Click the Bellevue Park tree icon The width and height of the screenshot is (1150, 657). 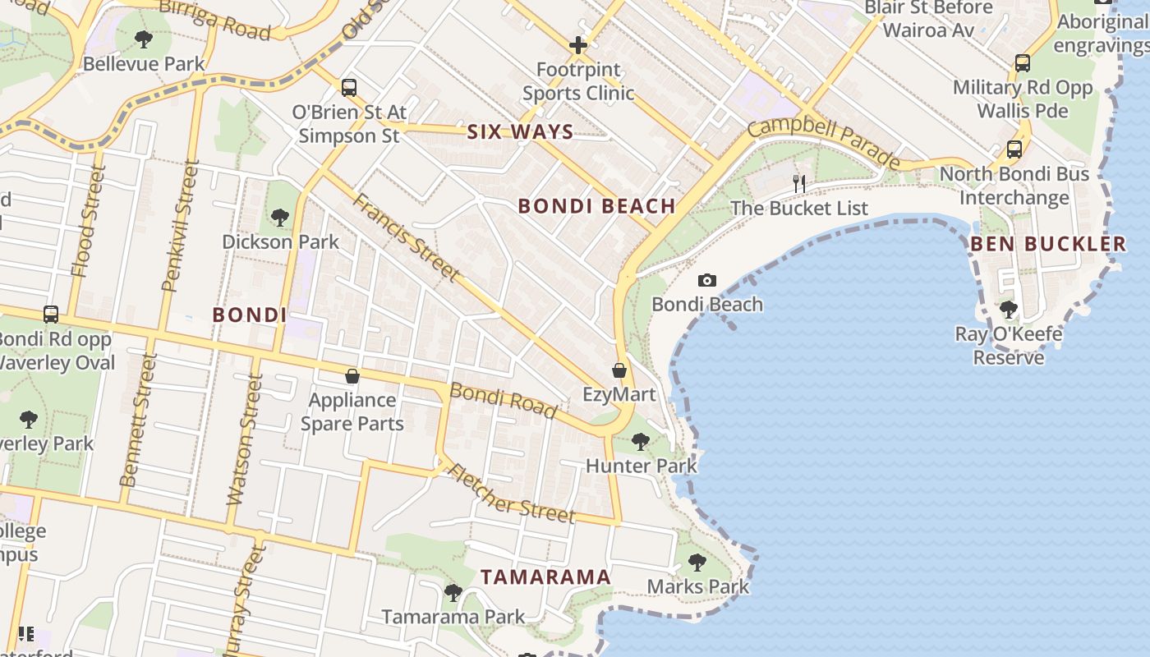point(144,39)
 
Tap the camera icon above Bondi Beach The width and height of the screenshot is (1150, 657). point(707,281)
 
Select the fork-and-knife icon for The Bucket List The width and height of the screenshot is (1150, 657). point(799,184)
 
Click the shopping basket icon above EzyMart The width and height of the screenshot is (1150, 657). point(619,370)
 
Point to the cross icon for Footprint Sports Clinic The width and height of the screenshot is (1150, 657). point(578,45)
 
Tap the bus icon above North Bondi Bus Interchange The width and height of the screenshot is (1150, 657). point(1014,149)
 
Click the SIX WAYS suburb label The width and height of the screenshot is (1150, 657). point(520,132)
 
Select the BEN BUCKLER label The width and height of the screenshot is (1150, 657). point(1048,244)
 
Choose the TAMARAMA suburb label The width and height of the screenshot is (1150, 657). point(545,577)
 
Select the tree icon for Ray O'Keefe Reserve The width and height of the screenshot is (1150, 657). point(1009,310)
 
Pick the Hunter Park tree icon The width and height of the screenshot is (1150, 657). point(641,442)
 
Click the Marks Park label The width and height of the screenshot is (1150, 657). point(698,586)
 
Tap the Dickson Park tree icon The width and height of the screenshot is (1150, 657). point(280,218)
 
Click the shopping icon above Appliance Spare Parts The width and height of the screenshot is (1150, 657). point(352,376)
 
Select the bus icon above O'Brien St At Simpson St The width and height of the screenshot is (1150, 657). point(349,87)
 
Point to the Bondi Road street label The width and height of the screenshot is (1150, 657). point(504,399)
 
